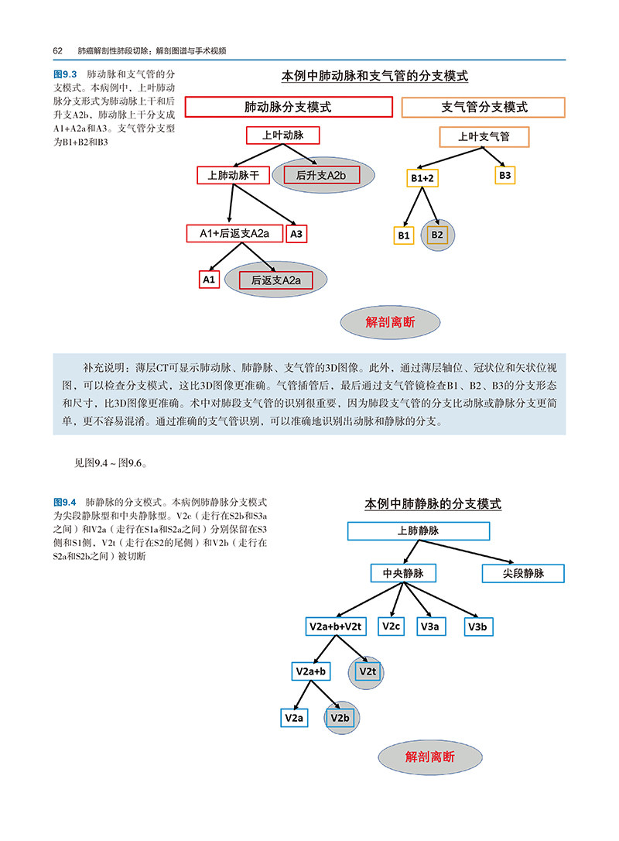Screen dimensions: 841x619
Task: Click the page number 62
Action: pos(57,50)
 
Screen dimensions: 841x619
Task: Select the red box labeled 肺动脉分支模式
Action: pos(288,107)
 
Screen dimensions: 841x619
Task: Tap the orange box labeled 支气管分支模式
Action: pos(484,107)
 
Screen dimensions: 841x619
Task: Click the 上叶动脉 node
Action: pos(282,136)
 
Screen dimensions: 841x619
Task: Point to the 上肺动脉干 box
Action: pos(233,176)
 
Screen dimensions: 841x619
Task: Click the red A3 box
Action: pos(297,233)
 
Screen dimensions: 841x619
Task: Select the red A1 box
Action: pos(209,279)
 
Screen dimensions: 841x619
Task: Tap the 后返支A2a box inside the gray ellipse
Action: pos(275,280)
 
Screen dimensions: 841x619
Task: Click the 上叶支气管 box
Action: pos(484,137)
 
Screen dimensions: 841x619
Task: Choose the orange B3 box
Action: pos(504,176)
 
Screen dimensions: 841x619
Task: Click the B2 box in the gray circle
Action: pos(437,235)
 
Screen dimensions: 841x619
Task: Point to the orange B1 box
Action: pos(404,235)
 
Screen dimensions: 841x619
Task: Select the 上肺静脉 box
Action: pos(419,530)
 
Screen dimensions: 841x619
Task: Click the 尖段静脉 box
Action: pos(524,574)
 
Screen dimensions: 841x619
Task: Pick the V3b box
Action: pos(477,626)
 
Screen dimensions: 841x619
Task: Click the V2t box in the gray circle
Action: pos(367,671)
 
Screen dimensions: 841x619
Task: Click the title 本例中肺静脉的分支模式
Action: pos(433,504)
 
